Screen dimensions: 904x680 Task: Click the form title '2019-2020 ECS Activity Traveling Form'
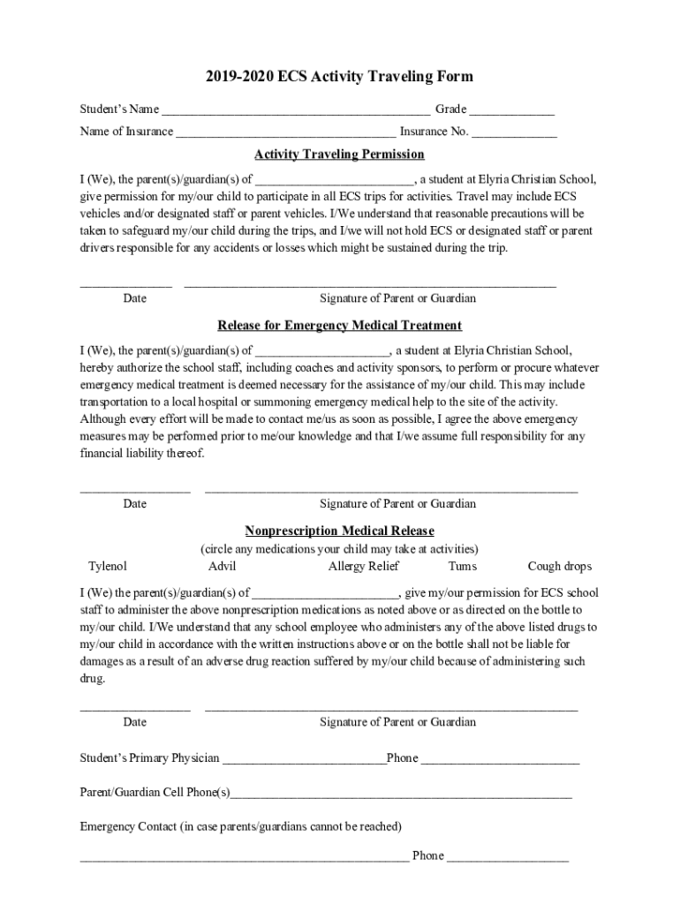click(340, 77)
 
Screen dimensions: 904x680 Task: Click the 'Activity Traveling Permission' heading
click(340, 154)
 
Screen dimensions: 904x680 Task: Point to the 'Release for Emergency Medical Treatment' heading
click(340, 326)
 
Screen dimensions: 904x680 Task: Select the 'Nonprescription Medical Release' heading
click(340, 531)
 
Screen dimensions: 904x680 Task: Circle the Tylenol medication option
click(108, 567)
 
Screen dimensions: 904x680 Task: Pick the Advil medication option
click(223, 567)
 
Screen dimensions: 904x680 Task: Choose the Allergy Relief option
click(364, 567)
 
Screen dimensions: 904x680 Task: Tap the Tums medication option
click(462, 567)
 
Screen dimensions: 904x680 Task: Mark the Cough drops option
click(560, 567)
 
